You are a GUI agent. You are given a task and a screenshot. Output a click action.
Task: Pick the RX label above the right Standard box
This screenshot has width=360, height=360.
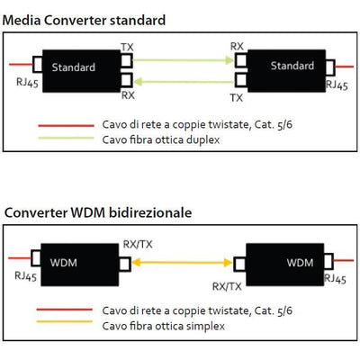[237, 46]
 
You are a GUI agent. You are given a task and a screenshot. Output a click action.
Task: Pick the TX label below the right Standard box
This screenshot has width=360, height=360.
[237, 98]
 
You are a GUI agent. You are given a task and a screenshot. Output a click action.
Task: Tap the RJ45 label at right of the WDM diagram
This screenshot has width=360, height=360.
[334, 281]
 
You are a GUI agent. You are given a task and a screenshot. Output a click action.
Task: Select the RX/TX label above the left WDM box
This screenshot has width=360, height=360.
[137, 243]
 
